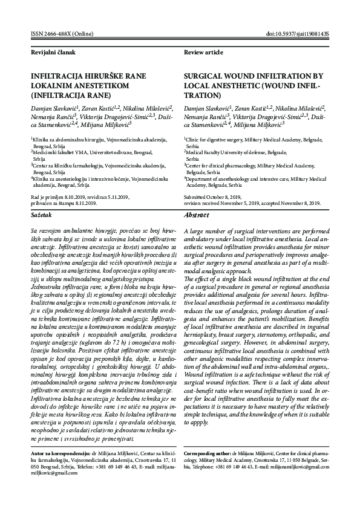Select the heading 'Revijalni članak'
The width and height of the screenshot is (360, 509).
pos(53,53)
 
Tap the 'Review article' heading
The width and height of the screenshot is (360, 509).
pos(203,53)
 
